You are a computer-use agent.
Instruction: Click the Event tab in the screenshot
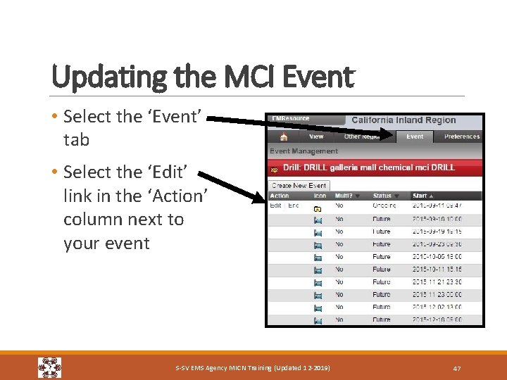tap(415, 137)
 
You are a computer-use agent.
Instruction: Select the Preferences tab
tap(461, 137)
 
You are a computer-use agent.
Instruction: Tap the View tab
tap(316, 137)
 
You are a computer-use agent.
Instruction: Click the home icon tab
tap(283, 137)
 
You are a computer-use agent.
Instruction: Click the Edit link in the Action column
tap(275, 205)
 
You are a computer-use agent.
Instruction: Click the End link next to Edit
tap(293, 205)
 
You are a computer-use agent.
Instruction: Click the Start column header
tap(423, 196)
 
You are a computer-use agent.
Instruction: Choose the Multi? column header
tap(346, 196)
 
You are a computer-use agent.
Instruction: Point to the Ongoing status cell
tap(384, 205)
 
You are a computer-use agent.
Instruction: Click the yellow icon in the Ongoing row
tap(318, 208)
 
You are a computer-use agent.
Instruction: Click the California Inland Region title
tap(403, 120)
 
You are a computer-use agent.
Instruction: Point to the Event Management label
tap(303, 151)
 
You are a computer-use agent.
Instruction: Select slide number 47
tap(456, 368)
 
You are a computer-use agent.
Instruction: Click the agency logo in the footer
tap(49, 367)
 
